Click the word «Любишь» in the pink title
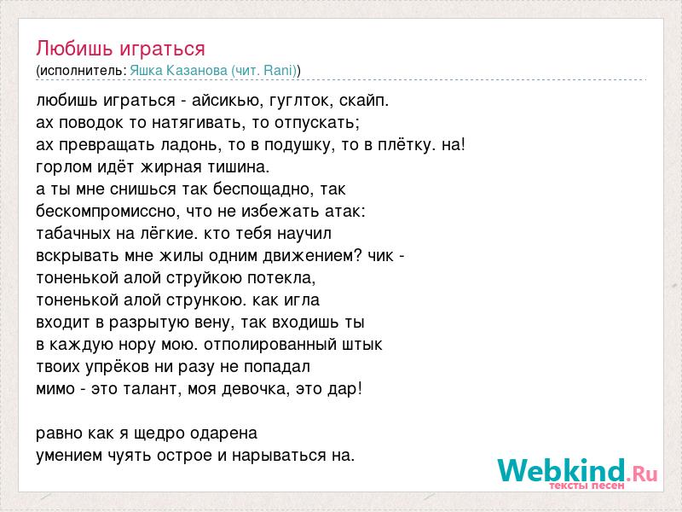[74, 49]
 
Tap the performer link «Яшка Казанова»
[178, 71]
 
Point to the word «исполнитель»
[83, 71]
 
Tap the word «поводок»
[91, 123]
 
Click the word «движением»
[312, 255]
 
